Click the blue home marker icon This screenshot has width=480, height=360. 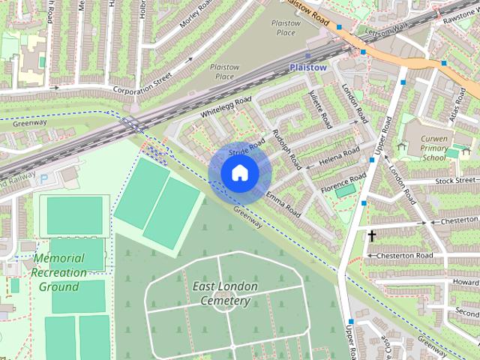click(x=240, y=173)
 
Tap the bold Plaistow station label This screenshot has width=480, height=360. click(x=308, y=67)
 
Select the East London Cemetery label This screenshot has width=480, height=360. click(x=224, y=293)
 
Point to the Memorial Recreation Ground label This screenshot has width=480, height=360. click(x=58, y=272)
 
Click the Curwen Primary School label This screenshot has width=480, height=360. click(x=435, y=148)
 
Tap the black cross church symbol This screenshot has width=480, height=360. click(x=371, y=235)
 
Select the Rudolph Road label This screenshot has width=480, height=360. click(x=287, y=148)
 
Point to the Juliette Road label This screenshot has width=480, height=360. click(x=320, y=109)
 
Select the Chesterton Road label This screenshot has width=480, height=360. click(x=405, y=256)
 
